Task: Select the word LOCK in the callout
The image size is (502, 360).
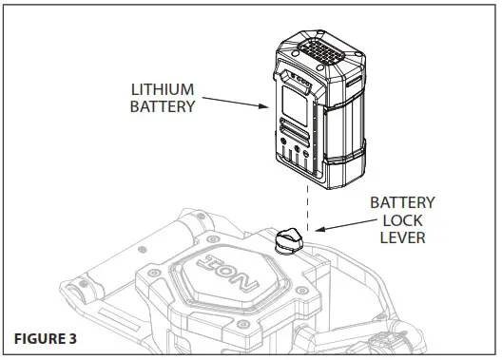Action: [402, 220]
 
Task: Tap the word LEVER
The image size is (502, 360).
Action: [402, 237]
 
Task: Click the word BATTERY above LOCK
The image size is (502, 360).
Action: [402, 203]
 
